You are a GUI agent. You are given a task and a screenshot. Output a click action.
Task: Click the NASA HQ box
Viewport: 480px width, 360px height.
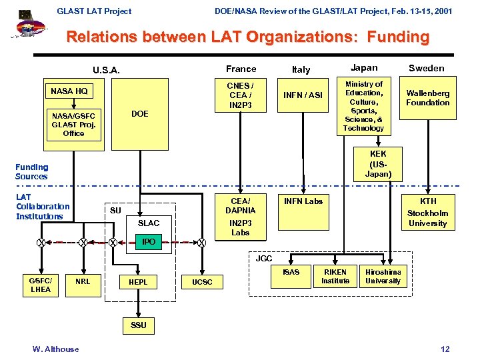69,91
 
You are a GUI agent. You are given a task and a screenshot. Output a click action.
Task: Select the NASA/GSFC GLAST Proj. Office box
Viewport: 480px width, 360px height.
73,124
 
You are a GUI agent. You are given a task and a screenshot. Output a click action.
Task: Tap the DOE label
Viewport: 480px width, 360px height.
140,114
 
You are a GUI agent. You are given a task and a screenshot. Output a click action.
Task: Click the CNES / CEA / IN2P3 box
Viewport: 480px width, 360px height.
240,95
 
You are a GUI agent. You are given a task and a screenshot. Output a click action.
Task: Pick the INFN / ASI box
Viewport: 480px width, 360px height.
304,95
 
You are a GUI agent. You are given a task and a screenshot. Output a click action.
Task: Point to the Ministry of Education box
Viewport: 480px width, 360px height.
363,106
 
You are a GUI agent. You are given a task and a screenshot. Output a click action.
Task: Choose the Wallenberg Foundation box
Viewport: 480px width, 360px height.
427,98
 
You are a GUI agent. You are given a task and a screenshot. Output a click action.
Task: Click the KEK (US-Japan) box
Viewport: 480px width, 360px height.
377,163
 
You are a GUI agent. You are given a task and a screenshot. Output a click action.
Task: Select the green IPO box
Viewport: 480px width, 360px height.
149,241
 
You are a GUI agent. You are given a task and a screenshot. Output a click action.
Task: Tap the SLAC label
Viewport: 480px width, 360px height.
149,223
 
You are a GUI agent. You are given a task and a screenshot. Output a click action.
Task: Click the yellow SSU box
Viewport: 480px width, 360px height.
138,325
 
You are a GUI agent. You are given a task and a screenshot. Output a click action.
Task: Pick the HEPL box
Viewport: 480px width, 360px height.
138,282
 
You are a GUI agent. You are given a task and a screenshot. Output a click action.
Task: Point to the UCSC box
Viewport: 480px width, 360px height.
202,282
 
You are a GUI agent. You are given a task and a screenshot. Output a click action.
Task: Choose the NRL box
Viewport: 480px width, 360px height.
83,281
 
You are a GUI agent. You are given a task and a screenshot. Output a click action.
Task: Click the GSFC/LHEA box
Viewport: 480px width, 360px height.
41,285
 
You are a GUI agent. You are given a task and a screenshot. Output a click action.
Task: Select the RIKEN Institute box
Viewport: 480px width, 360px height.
335,277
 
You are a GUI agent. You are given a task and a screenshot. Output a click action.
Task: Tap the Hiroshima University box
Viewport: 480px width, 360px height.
383,277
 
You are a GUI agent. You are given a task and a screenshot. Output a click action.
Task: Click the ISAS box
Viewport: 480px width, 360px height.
291,272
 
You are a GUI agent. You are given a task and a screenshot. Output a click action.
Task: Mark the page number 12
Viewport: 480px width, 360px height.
445,349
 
